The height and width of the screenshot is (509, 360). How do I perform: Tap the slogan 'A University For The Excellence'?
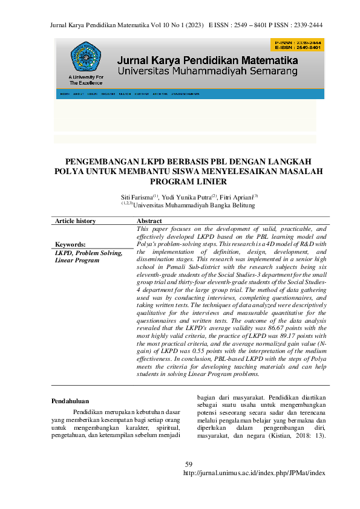[x=87, y=80]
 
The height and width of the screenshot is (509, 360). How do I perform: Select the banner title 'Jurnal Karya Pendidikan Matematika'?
[x=208, y=61]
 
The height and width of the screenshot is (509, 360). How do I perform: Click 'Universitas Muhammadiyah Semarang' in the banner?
[x=208, y=71]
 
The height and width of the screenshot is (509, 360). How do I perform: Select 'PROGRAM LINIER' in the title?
[x=180, y=181]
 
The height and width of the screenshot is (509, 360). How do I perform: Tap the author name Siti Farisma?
[x=137, y=197]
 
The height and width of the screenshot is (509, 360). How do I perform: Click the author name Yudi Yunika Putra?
[x=185, y=197]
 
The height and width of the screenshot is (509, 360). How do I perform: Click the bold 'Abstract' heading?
[x=149, y=221]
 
